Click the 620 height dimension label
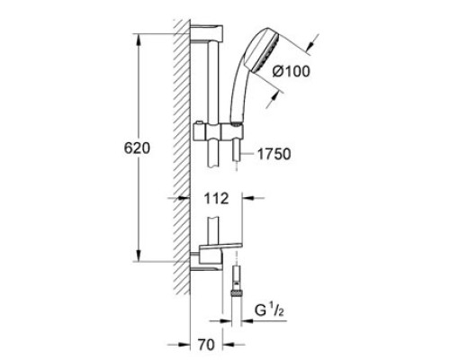point(137,148)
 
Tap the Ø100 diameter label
point(291,71)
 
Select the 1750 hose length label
point(274,154)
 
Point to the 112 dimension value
point(216,199)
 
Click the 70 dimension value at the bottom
point(206,345)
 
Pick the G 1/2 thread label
point(269,310)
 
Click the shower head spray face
point(266,53)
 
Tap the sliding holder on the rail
point(219,131)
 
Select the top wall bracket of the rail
point(207,33)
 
